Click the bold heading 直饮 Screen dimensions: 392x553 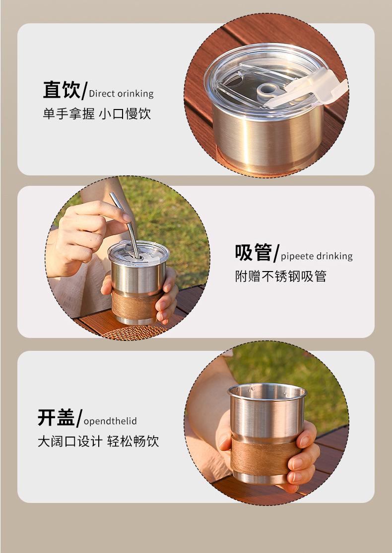click(x=62, y=90)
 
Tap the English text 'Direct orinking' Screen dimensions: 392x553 click(x=121, y=94)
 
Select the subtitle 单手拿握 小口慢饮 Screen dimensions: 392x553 click(x=97, y=113)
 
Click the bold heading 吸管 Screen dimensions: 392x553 click(x=253, y=252)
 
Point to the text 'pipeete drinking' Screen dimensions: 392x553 click(x=317, y=256)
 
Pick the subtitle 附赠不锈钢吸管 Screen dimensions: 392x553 click(x=280, y=276)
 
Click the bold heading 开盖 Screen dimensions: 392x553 click(x=56, y=417)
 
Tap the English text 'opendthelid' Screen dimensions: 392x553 click(x=110, y=421)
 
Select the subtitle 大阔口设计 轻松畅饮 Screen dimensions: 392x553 click(x=98, y=441)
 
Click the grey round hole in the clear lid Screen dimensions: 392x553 click(x=267, y=90)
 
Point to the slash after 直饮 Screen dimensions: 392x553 click(x=84, y=91)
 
